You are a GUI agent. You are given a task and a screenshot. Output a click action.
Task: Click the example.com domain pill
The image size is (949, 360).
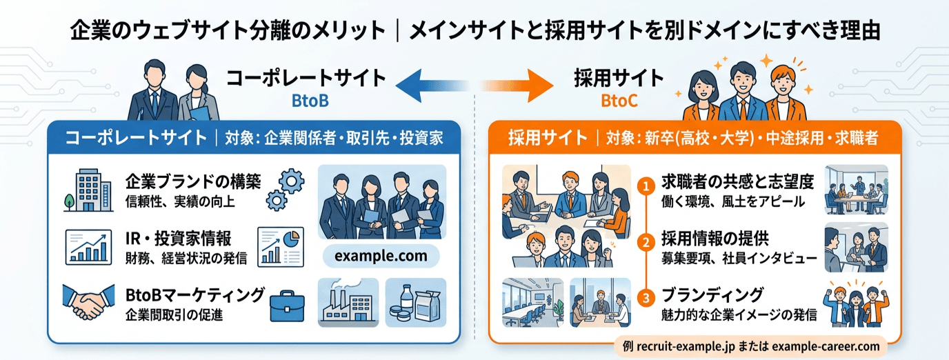tap(381, 257)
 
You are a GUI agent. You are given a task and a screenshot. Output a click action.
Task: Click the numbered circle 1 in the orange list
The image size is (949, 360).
tap(646, 186)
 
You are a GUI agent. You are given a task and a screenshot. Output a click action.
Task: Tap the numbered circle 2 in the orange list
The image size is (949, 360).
tap(646, 243)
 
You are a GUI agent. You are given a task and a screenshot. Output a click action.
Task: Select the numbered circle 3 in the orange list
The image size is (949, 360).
tap(646, 299)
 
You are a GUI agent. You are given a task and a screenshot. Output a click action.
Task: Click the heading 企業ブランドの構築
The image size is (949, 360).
tap(193, 181)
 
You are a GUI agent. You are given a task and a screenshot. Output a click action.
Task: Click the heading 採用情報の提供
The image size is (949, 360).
tap(719, 240)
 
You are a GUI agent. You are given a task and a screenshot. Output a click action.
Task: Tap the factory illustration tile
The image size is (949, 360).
tap(348, 302)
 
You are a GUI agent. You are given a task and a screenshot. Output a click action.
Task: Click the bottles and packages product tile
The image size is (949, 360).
tap(415, 302)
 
